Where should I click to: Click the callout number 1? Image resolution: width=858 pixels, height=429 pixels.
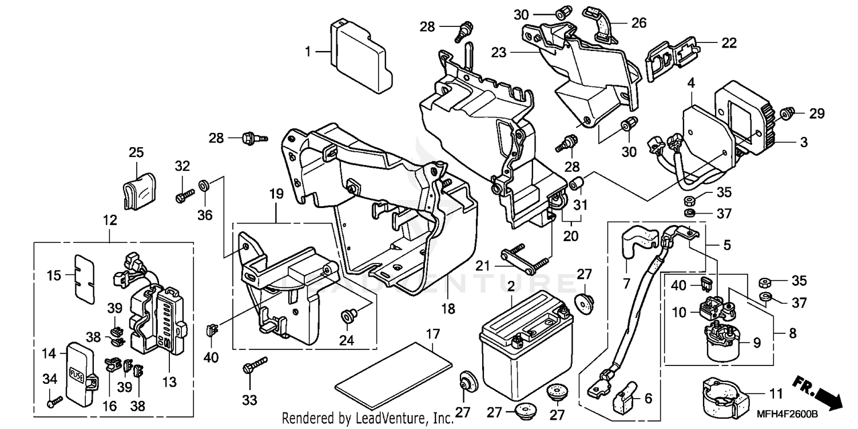pos(308,52)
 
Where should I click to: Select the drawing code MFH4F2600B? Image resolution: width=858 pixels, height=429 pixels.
pos(816,414)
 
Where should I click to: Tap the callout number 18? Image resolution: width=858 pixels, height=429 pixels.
pos(448,309)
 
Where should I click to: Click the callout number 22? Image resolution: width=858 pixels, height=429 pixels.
pos(729,43)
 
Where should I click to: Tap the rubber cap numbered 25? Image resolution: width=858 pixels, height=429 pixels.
pos(140,188)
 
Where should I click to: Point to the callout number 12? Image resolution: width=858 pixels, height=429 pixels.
pos(110,220)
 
